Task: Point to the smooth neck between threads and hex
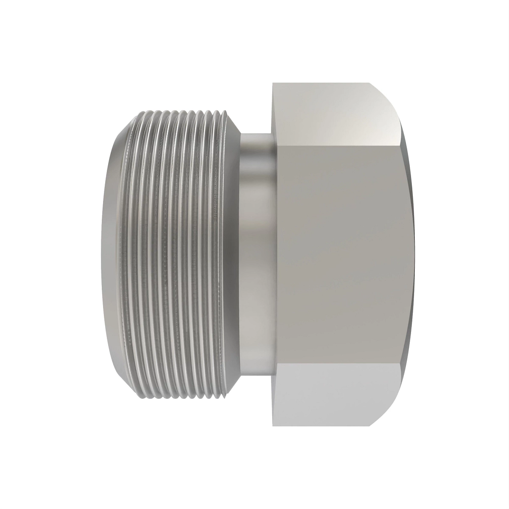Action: point(257,255)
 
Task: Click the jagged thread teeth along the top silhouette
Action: point(178,111)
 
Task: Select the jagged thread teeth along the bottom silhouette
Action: point(178,398)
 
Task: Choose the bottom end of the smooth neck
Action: point(257,374)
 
